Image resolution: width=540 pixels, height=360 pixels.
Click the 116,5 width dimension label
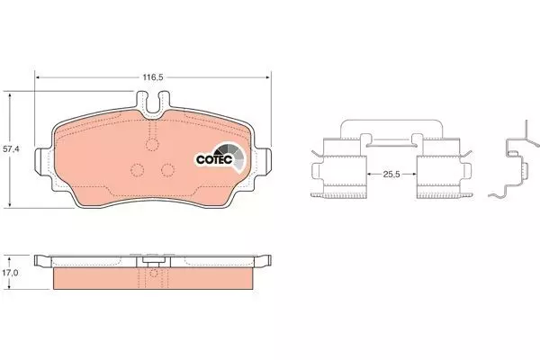[x=153, y=77]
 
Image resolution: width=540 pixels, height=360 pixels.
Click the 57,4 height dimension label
[x=11, y=149]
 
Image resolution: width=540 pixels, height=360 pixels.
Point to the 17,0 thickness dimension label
[x=10, y=273]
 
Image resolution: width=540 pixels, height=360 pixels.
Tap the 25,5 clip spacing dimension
[x=391, y=175]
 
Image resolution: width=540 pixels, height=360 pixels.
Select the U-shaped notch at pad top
[x=153, y=103]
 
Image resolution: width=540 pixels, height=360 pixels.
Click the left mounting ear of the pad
[x=43, y=161]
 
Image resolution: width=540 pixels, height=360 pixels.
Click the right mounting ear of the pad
[x=263, y=161]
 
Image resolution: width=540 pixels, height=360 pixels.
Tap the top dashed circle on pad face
[x=153, y=144]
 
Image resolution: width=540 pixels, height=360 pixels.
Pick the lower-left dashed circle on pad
[x=138, y=169]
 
